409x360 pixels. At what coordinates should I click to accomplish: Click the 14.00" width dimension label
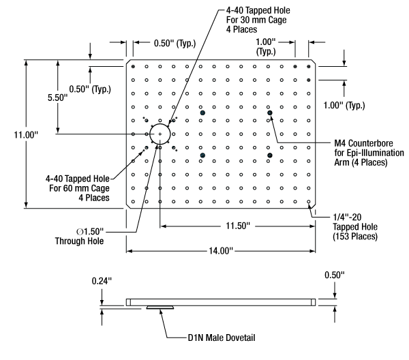[x=219, y=251]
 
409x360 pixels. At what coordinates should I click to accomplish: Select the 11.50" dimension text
[x=237, y=225]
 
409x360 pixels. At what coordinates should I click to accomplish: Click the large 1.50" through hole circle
[x=160, y=134]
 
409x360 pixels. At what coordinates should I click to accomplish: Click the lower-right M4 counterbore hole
[x=270, y=155]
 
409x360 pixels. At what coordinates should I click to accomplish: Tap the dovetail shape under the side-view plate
[x=160, y=307]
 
